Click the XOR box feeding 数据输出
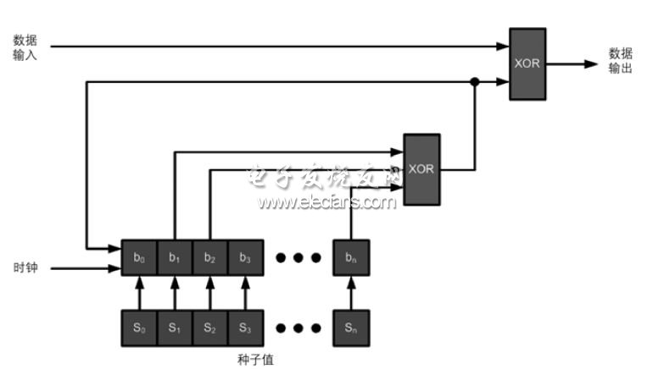[527, 63]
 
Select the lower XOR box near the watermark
[421, 169]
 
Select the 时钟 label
[25, 268]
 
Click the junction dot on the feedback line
[475, 82]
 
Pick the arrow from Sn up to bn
[351, 293]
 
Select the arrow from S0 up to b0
[139, 293]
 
